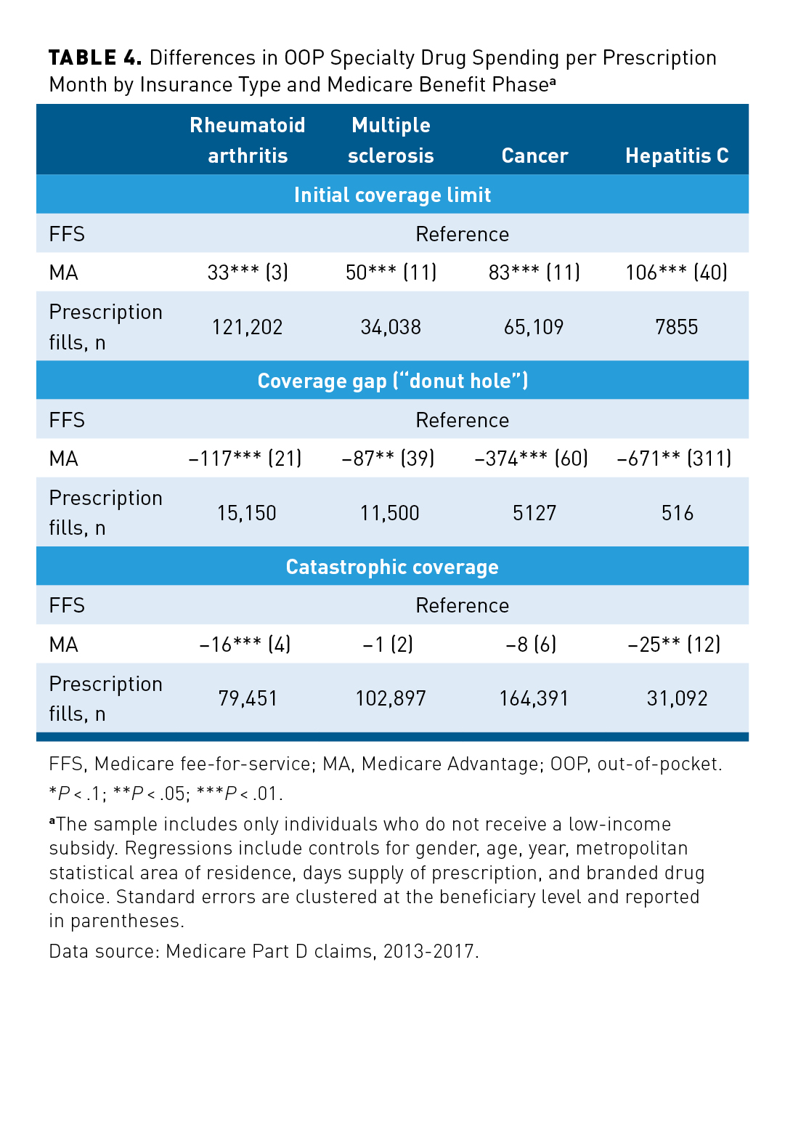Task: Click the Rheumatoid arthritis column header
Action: click(248, 140)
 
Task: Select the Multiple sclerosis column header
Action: click(391, 140)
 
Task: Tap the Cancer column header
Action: click(534, 155)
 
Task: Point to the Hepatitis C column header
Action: click(677, 155)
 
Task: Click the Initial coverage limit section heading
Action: click(392, 195)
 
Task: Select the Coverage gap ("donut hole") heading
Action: click(392, 381)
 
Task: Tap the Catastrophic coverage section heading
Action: click(392, 567)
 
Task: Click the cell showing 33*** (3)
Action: click(248, 272)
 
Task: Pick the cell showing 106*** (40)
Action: click(677, 272)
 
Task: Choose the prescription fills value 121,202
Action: click(247, 327)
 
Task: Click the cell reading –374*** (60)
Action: click(531, 459)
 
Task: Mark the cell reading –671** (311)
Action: click(674, 459)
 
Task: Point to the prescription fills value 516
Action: click(677, 513)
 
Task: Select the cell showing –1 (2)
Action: click(388, 645)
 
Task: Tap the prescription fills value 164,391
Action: click(534, 698)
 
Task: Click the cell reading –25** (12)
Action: click(674, 645)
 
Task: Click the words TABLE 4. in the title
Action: click(94, 58)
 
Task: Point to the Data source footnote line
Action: click(264, 951)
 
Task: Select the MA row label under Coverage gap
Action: click(64, 459)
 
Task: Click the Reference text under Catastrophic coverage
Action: click(462, 605)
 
